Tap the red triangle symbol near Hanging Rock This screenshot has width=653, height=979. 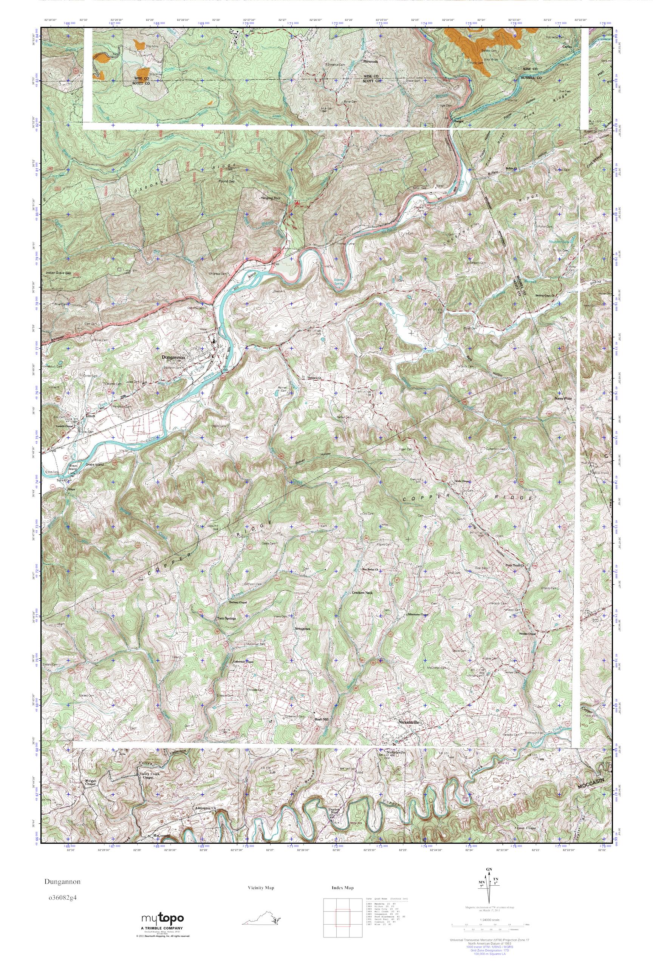[x=297, y=202]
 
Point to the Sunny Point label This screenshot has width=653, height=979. [x=563, y=398]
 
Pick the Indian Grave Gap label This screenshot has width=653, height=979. [x=58, y=273]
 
